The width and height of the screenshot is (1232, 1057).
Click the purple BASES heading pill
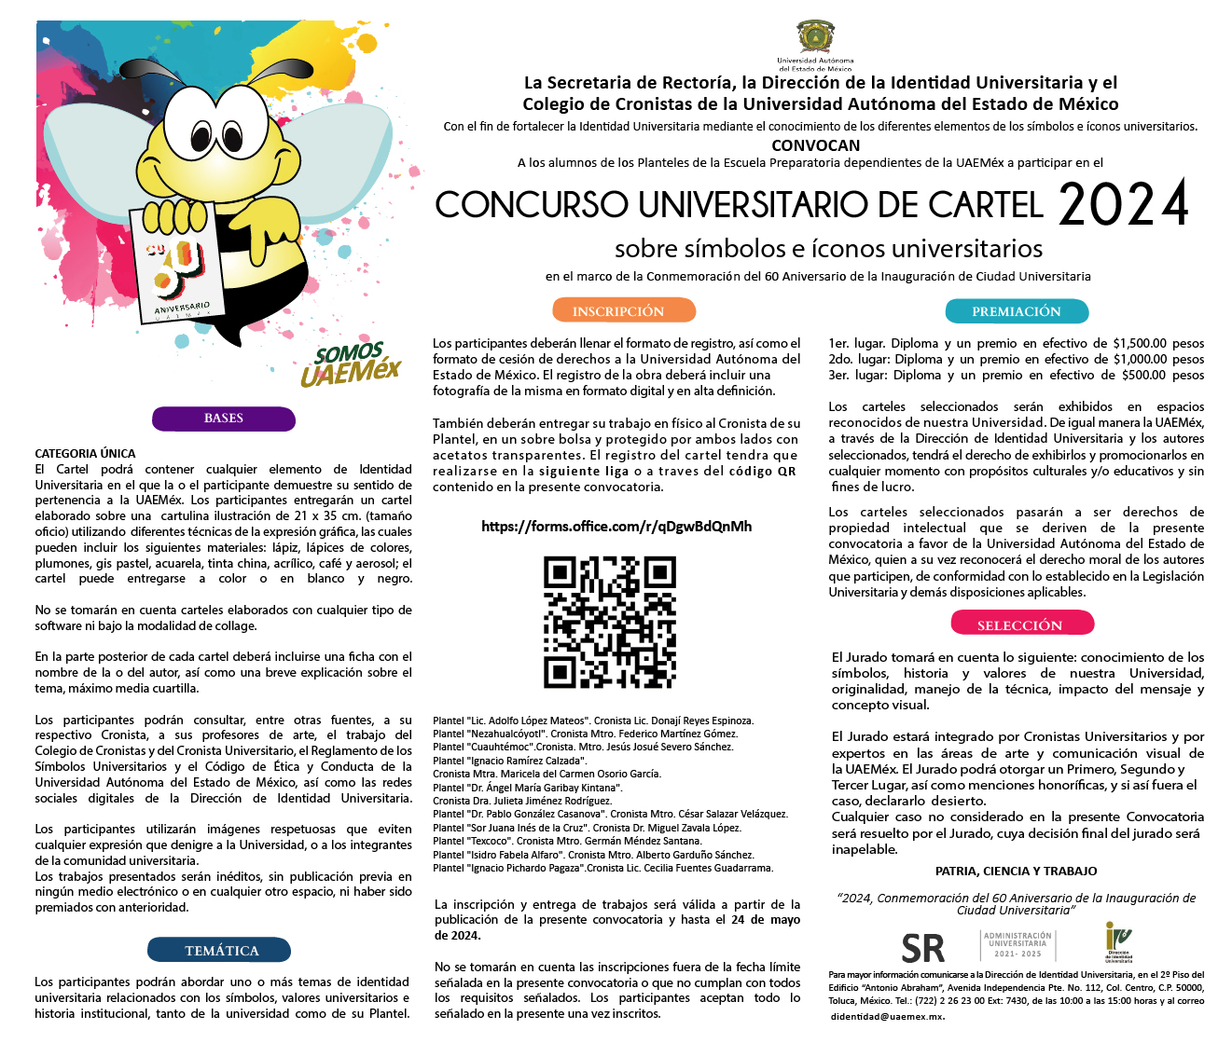click(x=224, y=419)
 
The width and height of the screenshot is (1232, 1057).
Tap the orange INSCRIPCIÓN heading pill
click(x=623, y=311)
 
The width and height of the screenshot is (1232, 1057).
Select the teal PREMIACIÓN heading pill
click(x=1017, y=311)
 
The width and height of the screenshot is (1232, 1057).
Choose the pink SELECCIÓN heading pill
click(x=1022, y=625)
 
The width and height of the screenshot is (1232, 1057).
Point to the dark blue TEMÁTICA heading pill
click(x=220, y=951)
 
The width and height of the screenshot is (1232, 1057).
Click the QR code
click(x=610, y=623)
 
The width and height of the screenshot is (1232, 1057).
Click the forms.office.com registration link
click(x=616, y=527)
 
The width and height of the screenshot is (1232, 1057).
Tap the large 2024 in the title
click(x=1124, y=205)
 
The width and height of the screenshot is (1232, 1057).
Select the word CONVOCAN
click(x=816, y=145)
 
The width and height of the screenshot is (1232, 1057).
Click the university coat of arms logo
click(x=816, y=39)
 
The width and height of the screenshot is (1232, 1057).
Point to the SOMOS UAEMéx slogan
click(x=350, y=364)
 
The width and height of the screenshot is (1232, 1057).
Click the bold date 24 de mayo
click(x=766, y=920)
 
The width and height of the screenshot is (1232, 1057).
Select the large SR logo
click(x=922, y=949)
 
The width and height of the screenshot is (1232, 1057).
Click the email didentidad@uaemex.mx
click(x=888, y=1017)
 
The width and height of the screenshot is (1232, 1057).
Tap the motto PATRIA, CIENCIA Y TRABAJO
click(x=1016, y=872)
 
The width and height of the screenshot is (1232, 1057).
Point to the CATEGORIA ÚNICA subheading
click(x=85, y=454)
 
